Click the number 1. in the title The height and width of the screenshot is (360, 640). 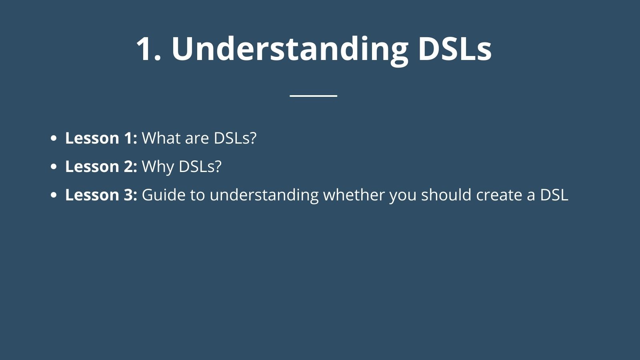click(x=149, y=48)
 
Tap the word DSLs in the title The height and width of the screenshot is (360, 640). click(x=455, y=48)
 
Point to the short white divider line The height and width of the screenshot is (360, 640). click(x=314, y=96)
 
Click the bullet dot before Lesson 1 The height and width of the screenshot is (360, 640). click(x=54, y=138)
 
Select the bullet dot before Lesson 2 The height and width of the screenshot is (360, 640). click(x=54, y=166)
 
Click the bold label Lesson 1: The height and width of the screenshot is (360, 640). click(x=101, y=138)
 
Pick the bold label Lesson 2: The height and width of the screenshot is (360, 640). click(x=101, y=166)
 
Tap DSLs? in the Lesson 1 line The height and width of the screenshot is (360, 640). click(x=235, y=138)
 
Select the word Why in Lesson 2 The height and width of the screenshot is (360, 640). click(x=158, y=168)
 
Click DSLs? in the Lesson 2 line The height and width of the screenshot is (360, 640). click(x=200, y=166)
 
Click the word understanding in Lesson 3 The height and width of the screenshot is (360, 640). click(x=264, y=196)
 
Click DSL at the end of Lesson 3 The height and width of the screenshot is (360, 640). click(x=554, y=195)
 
